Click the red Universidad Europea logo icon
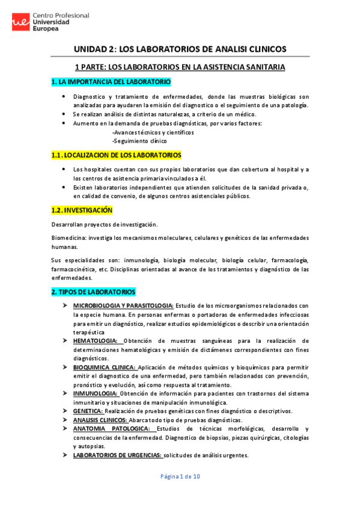21,23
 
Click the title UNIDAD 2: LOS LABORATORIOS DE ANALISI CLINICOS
180,49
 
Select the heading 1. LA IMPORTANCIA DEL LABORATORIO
111,81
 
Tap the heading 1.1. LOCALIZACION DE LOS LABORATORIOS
116,155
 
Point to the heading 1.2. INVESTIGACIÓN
82,210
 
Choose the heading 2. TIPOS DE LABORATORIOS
93,292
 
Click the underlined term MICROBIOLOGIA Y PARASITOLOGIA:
123,306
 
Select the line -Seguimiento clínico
139,141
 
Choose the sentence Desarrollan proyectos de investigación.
105,224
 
